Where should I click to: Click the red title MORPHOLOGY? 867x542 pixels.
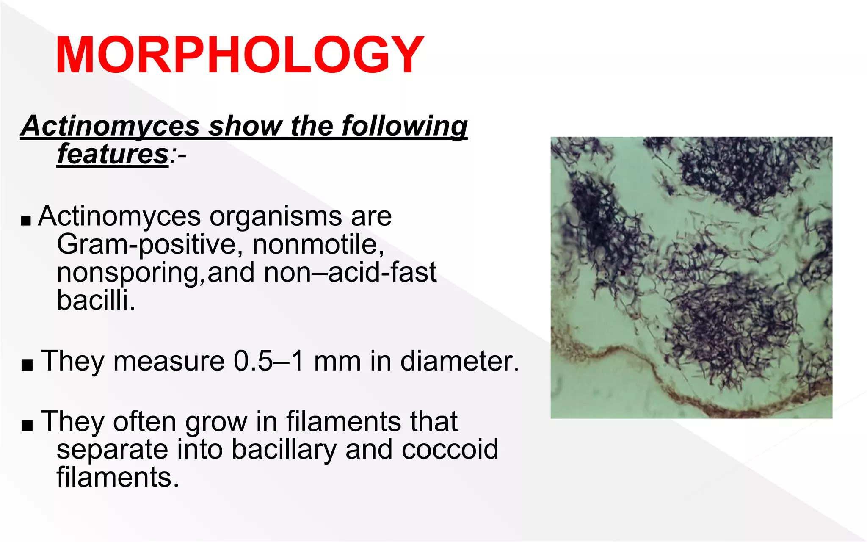pyautogui.click(x=240, y=55)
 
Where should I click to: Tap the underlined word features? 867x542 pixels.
pyautogui.click(x=113, y=154)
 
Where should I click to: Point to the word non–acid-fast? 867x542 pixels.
pyautogui.click(x=350, y=272)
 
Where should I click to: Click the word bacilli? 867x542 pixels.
pyautogui.click(x=96, y=300)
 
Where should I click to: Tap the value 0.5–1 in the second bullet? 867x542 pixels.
pyautogui.click(x=268, y=361)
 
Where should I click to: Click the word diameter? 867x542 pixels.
pyautogui.click(x=459, y=361)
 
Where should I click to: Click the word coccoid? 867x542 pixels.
pyautogui.click(x=450, y=449)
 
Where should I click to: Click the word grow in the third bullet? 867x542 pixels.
pyautogui.click(x=216, y=422)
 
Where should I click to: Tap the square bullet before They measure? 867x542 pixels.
pyautogui.click(x=27, y=365)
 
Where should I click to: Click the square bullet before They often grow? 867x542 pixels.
pyautogui.click(x=27, y=425)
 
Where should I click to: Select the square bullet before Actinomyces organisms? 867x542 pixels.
pyautogui.click(x=26, y=221)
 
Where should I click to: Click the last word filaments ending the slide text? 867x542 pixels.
pyautogui.click(x=118, y=477)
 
